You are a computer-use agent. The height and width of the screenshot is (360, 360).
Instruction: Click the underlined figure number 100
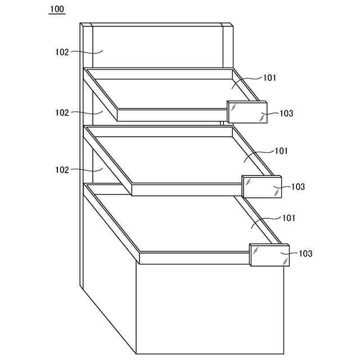coord(57,9)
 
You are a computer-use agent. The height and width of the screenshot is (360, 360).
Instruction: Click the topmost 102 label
coord(62,52)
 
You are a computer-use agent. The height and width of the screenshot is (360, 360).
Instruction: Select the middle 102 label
coord(62,112)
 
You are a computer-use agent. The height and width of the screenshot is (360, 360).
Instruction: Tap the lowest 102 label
coord(62,169)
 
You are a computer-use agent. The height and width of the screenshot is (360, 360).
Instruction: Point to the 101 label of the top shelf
coord(269,78)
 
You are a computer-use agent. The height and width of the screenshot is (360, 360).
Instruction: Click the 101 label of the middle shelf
coord(281,151)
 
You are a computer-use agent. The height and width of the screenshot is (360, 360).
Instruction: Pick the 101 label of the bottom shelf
coord(289,218)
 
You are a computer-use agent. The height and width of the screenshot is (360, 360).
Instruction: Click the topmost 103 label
coord(286,114)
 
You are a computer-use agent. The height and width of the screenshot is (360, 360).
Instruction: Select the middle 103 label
coord(298,187)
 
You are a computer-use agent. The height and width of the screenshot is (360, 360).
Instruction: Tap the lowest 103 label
coord(305,254)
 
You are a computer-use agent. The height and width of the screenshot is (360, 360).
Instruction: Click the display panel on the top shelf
coord(247,112)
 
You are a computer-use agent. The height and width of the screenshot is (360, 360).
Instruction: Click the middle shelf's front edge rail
coord(186,190)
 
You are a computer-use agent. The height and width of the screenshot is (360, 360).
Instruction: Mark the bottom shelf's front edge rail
coord(194,258)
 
